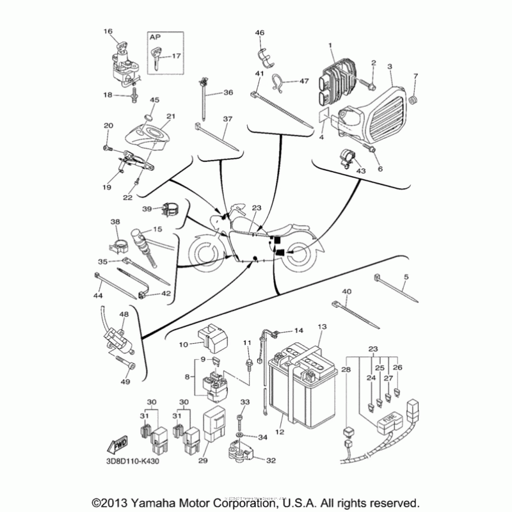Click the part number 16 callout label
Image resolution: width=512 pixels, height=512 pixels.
pos(108,31)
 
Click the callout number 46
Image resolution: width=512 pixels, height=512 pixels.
pos(259,33)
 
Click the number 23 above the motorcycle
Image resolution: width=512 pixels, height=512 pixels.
pos(257,208)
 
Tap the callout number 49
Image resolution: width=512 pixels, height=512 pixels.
pos(125,382)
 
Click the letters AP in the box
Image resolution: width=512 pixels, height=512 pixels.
pos(156,38)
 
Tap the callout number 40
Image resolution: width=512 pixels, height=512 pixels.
pos(347,292)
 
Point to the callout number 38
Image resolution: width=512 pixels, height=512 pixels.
pos(115,222)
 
